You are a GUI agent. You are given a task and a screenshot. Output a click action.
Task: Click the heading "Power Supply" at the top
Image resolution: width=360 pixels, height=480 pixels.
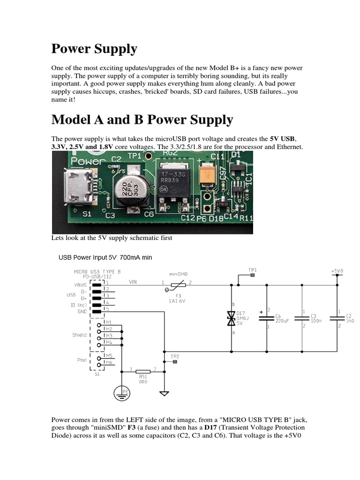[x=94, y=49]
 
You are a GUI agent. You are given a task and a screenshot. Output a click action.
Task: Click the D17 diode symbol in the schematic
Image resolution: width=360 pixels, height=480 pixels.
[x=231, y=318]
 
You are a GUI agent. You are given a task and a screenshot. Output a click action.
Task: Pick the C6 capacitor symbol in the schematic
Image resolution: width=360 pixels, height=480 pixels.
[x=267, y=318]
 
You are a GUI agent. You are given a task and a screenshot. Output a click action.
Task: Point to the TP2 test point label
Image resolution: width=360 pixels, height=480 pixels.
[x=175, y=357]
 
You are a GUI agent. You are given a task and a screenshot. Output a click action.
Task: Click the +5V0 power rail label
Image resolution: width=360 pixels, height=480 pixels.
[x=337, y=270]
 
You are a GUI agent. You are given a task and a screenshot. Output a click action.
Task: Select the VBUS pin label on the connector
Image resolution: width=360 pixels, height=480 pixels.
[x=81, y=284]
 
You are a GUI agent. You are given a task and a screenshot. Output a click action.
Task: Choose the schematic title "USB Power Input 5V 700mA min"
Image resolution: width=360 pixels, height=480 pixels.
[x=105, y=257]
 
